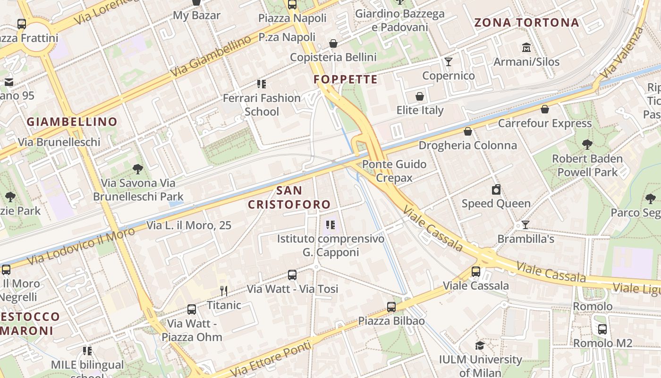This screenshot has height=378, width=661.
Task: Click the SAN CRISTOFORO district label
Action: [289, 198]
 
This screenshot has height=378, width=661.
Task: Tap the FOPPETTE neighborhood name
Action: [346, 79]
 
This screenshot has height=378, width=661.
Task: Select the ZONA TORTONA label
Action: [526, 23]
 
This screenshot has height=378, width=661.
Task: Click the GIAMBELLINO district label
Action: [72, 122]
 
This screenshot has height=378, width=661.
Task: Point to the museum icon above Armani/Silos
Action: [526, 48]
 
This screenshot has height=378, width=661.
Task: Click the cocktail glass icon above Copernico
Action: [448, 62]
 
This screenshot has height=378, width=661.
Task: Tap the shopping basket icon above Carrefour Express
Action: [545, 109]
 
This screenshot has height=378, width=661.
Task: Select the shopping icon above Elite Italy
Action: [420, 96]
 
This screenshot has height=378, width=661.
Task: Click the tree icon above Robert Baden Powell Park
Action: [587, 144]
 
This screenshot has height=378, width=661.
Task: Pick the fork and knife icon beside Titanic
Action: [224, 291]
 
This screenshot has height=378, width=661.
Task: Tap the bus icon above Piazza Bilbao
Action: [391, 307]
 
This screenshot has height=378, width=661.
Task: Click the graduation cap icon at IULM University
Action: [480, 345]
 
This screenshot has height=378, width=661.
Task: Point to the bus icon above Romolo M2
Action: [602, 329]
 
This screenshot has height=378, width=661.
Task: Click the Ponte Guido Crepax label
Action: [394, 171]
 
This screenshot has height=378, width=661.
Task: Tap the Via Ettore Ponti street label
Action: [273, 358]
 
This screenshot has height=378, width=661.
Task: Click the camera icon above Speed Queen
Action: [496, 189]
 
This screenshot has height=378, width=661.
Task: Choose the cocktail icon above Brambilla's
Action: [525, 225]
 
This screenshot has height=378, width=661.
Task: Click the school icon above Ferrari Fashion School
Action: [261, 84]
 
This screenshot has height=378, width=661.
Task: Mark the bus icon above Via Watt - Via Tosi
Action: [292, 275]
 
